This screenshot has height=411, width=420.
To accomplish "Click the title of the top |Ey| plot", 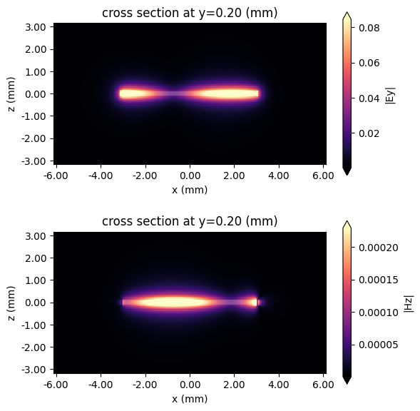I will tap(190, 12).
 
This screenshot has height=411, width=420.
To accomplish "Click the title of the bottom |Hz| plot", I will tap(190, 221).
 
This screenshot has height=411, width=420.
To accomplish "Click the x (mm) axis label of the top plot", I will tap(190, 190).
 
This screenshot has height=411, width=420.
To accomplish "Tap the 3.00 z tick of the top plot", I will tap(36, 27).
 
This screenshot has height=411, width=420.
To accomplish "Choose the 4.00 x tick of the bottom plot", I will tap(279, 385).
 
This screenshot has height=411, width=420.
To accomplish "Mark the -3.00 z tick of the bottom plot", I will tap(35, 368).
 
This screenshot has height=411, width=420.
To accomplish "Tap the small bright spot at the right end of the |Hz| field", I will tap(255, 302).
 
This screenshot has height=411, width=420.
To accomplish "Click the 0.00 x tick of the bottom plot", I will tap(190, 385).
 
